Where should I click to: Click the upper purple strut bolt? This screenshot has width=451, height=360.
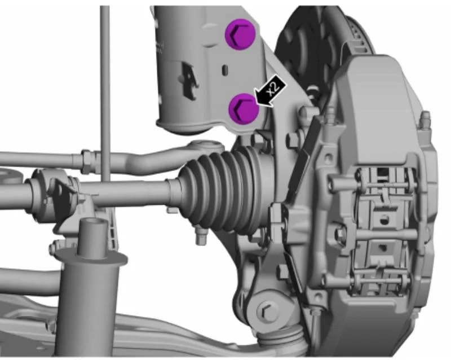pyautogui.click(x=241, y=34)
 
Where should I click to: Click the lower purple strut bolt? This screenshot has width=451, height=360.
pyautogui.click(x=244, y=109)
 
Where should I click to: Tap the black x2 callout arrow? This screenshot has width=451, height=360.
pyautogui.click(x=271, y=91)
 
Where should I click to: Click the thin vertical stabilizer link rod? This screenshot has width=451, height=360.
pyautogui.click(x=105, y=95)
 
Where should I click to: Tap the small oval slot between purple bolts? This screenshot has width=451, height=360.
pyautogui.click(x=225, y=70)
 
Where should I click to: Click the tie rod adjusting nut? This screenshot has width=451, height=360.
pyautogui.click(x=86, y=161)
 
